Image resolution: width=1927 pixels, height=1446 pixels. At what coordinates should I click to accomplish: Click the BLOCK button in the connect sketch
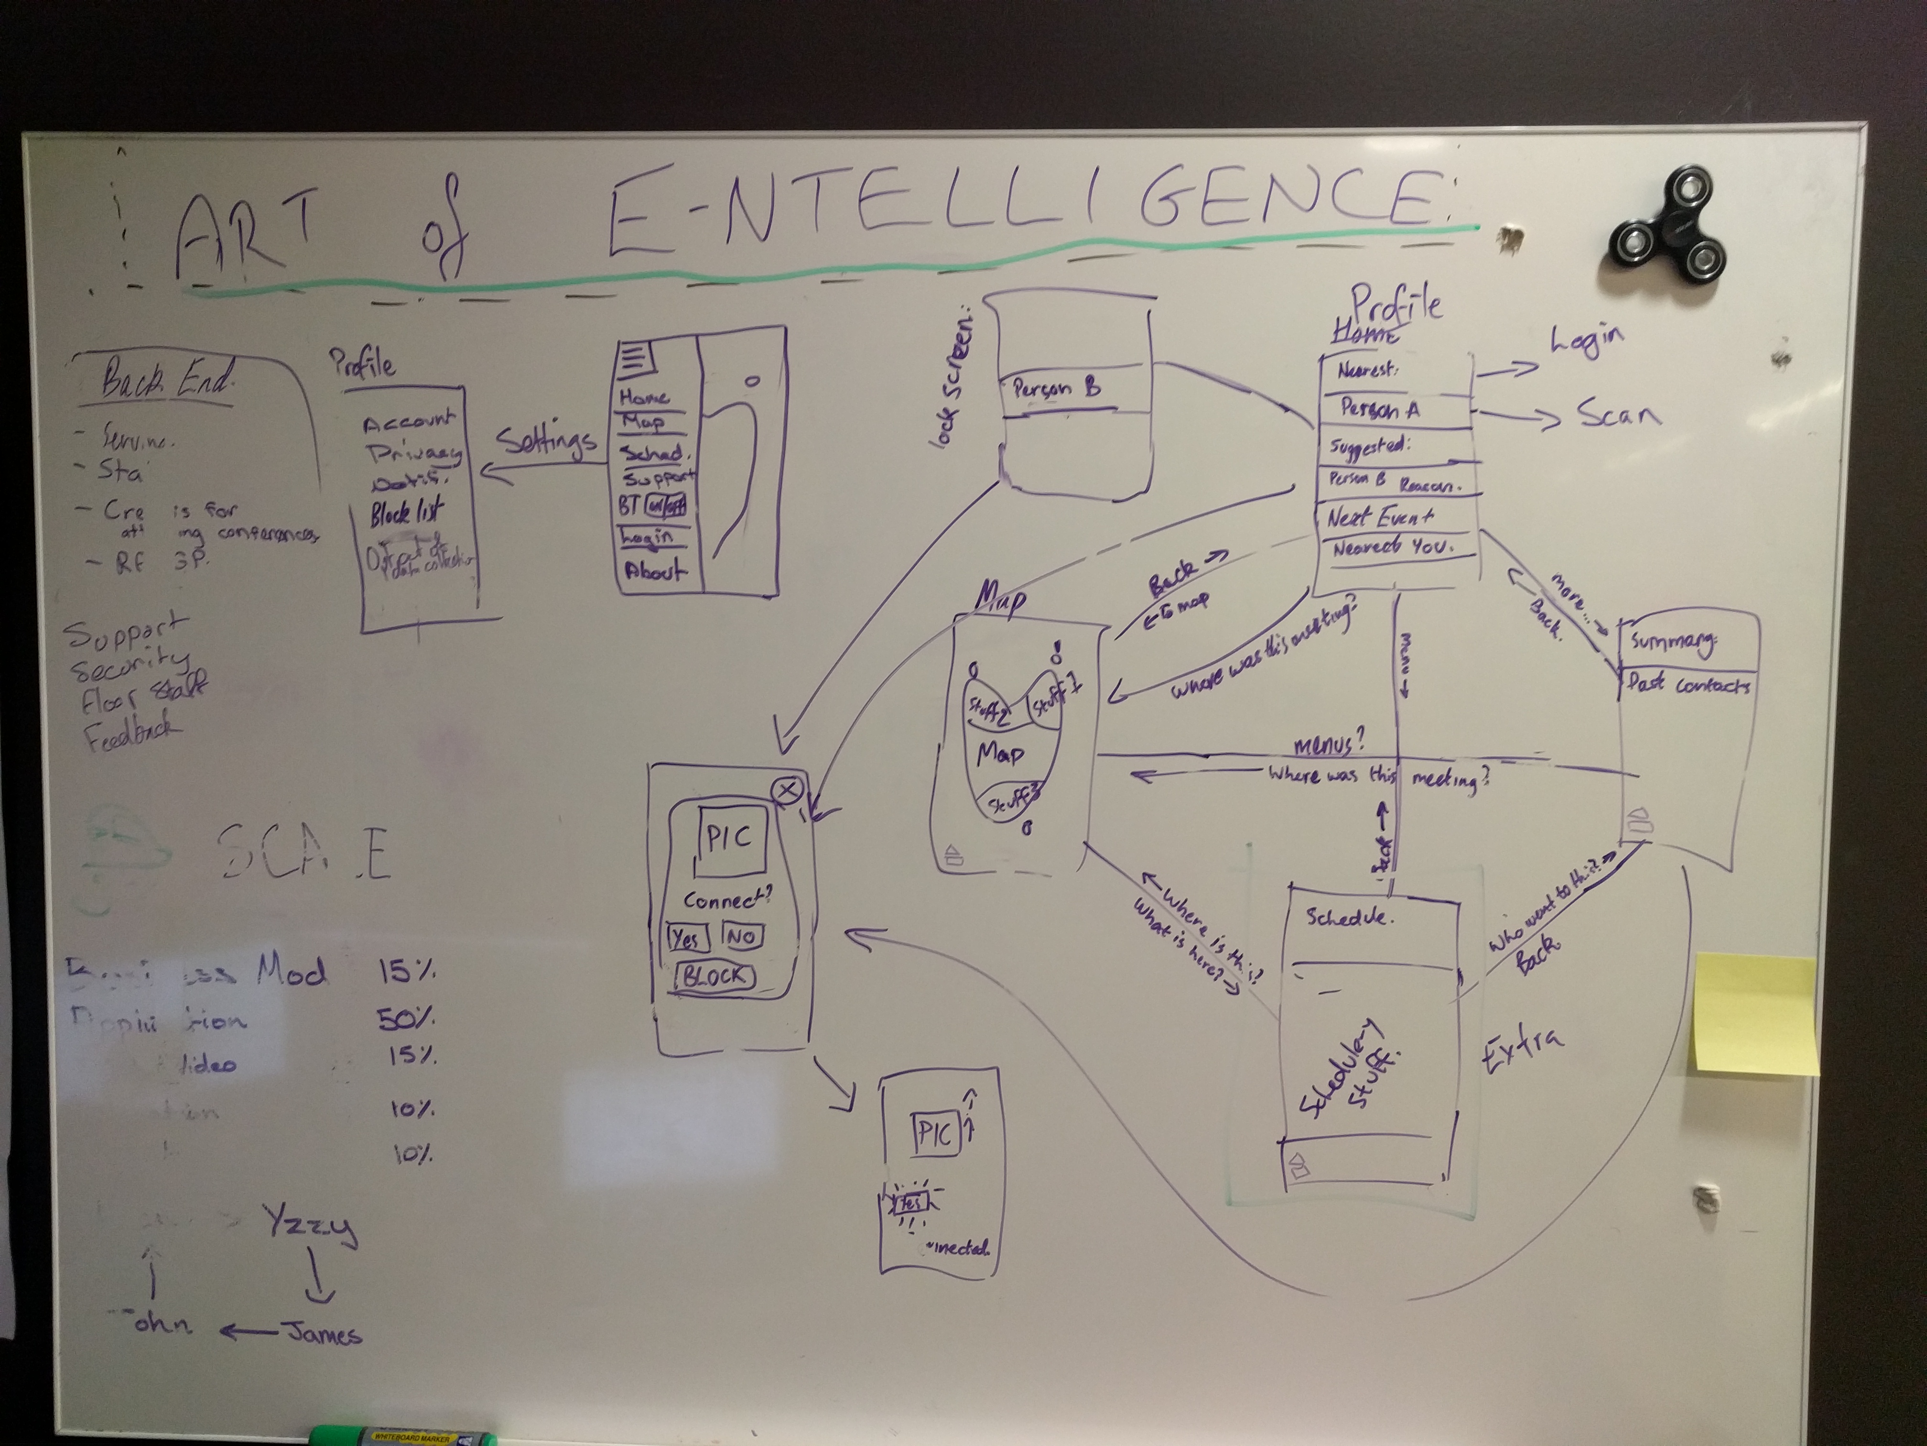pyautogui.click(x=715, y=976)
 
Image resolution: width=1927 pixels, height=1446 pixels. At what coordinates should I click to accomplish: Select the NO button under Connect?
pyautogui.click(x=741, y=937)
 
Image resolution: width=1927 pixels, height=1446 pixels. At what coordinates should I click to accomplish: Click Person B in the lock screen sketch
pyautogui.click(x=1056, y=389)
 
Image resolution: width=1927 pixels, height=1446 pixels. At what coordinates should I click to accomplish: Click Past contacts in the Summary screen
pyautogui.click(x=1688, y=685)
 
